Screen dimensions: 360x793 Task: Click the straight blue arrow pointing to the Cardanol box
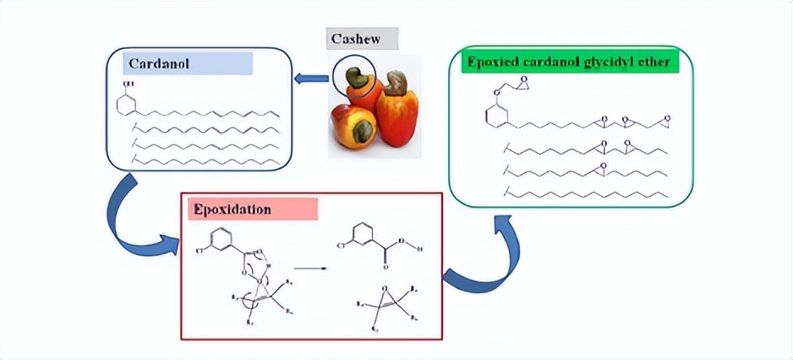pyautogui.click(x=312, y=79)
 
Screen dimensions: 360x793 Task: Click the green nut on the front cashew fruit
pyautogui.click(x=364, y=129)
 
